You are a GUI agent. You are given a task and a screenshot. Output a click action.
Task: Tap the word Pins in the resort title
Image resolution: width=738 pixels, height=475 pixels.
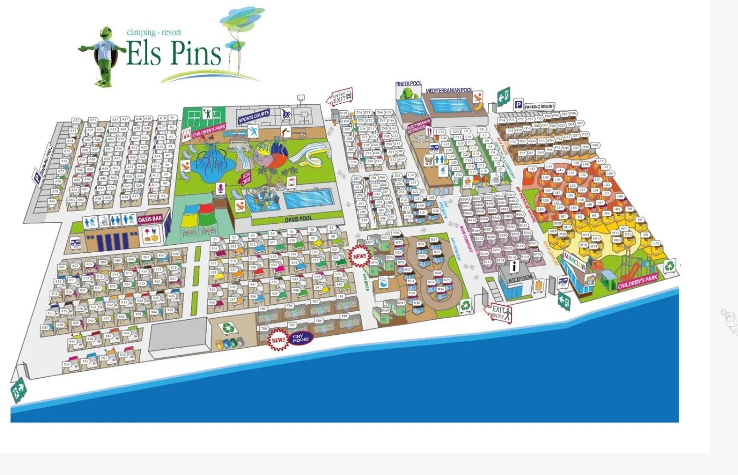pos(196,53)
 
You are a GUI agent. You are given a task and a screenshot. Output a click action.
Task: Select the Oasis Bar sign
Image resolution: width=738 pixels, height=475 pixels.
pos(150,219)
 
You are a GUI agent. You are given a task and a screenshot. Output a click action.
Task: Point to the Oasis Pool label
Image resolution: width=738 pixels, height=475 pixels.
pos(298,219)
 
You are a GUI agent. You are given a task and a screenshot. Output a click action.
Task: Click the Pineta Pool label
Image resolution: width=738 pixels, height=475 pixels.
pos(408,83)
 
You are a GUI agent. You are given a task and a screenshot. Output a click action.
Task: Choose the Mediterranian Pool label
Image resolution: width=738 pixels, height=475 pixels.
pos(449,90)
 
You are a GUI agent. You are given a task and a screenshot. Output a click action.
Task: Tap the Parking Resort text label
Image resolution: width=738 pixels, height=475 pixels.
pos(540,107)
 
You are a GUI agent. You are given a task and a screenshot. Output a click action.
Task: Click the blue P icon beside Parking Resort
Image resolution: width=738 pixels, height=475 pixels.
pos(518,105)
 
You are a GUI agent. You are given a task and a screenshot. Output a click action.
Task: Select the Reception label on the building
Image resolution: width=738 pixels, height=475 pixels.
pos(520,279)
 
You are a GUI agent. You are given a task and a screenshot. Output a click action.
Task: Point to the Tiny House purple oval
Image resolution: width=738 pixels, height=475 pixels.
pos(300,338)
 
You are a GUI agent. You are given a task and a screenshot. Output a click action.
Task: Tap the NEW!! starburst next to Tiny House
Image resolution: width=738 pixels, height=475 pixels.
pos(278,340)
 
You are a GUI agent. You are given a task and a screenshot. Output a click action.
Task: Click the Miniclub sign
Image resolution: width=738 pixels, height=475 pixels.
pos(574,261)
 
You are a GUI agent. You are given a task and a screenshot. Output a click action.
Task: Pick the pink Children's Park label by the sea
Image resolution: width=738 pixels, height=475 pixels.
pos(637,281)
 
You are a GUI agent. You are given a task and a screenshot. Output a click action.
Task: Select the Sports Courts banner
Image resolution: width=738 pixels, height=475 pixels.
pos(253,117)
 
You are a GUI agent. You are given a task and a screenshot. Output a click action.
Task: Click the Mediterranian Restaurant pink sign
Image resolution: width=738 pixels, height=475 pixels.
pos(419,126)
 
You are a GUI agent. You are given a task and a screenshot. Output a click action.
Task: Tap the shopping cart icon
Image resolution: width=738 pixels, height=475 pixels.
pos(428,160)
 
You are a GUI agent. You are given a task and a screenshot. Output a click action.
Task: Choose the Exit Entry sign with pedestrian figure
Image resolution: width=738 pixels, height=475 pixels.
pos(500,313)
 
